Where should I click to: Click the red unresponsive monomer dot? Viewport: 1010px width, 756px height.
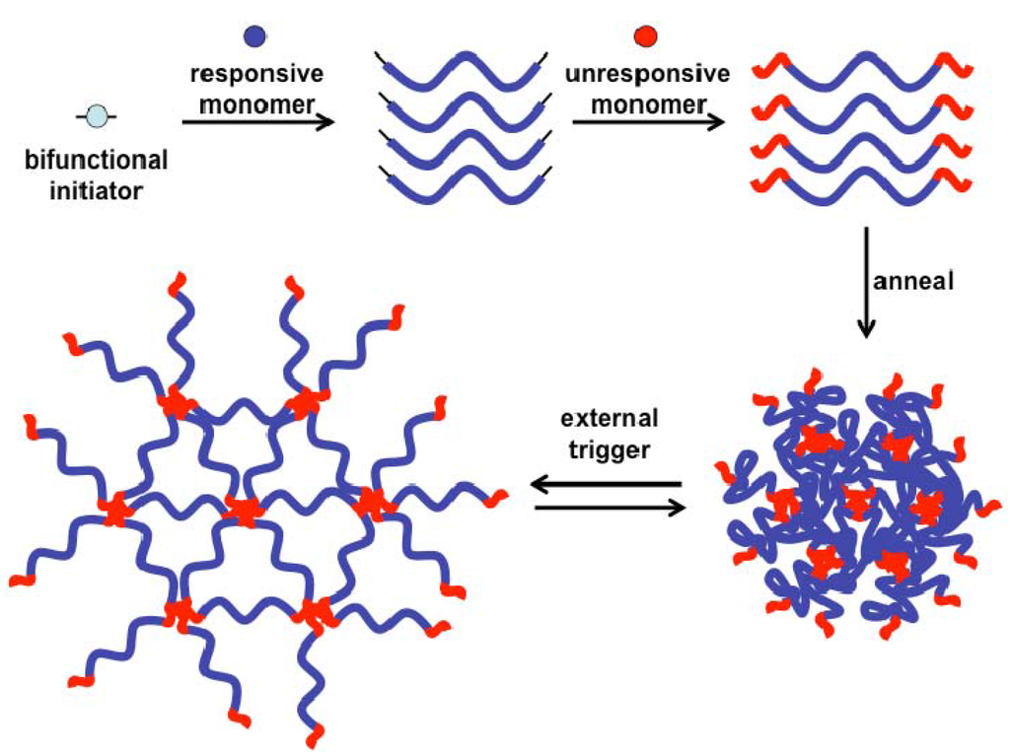pyautogui.click(x=645, y=36)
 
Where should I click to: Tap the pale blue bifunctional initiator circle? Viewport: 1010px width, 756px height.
pyautogui.click(x=96, y=117)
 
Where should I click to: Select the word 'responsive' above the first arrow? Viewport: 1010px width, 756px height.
pyautogui.click(x=257, y=75)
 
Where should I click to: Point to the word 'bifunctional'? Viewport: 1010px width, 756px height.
pyautogui.click(x=97, y=161)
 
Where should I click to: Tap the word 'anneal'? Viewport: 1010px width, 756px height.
pyautogui.click(x=914, y=280)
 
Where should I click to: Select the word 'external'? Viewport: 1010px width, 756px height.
pyautogui.click(x=610, y=418)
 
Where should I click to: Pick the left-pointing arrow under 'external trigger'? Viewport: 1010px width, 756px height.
pyautogui.click(x=606, y=485)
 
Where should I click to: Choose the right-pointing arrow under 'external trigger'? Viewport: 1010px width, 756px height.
pyautogui.click(x=608, y=509)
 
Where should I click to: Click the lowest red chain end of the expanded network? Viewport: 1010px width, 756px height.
pyautogui.click(x=315, y=735)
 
